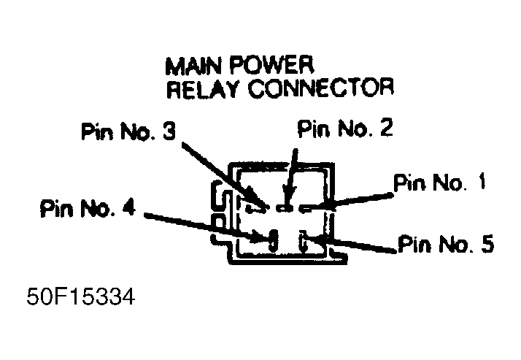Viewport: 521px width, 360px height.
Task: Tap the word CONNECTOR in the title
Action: [x=314, y=91]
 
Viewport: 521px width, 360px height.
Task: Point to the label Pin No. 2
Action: [x=345, y=129]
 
